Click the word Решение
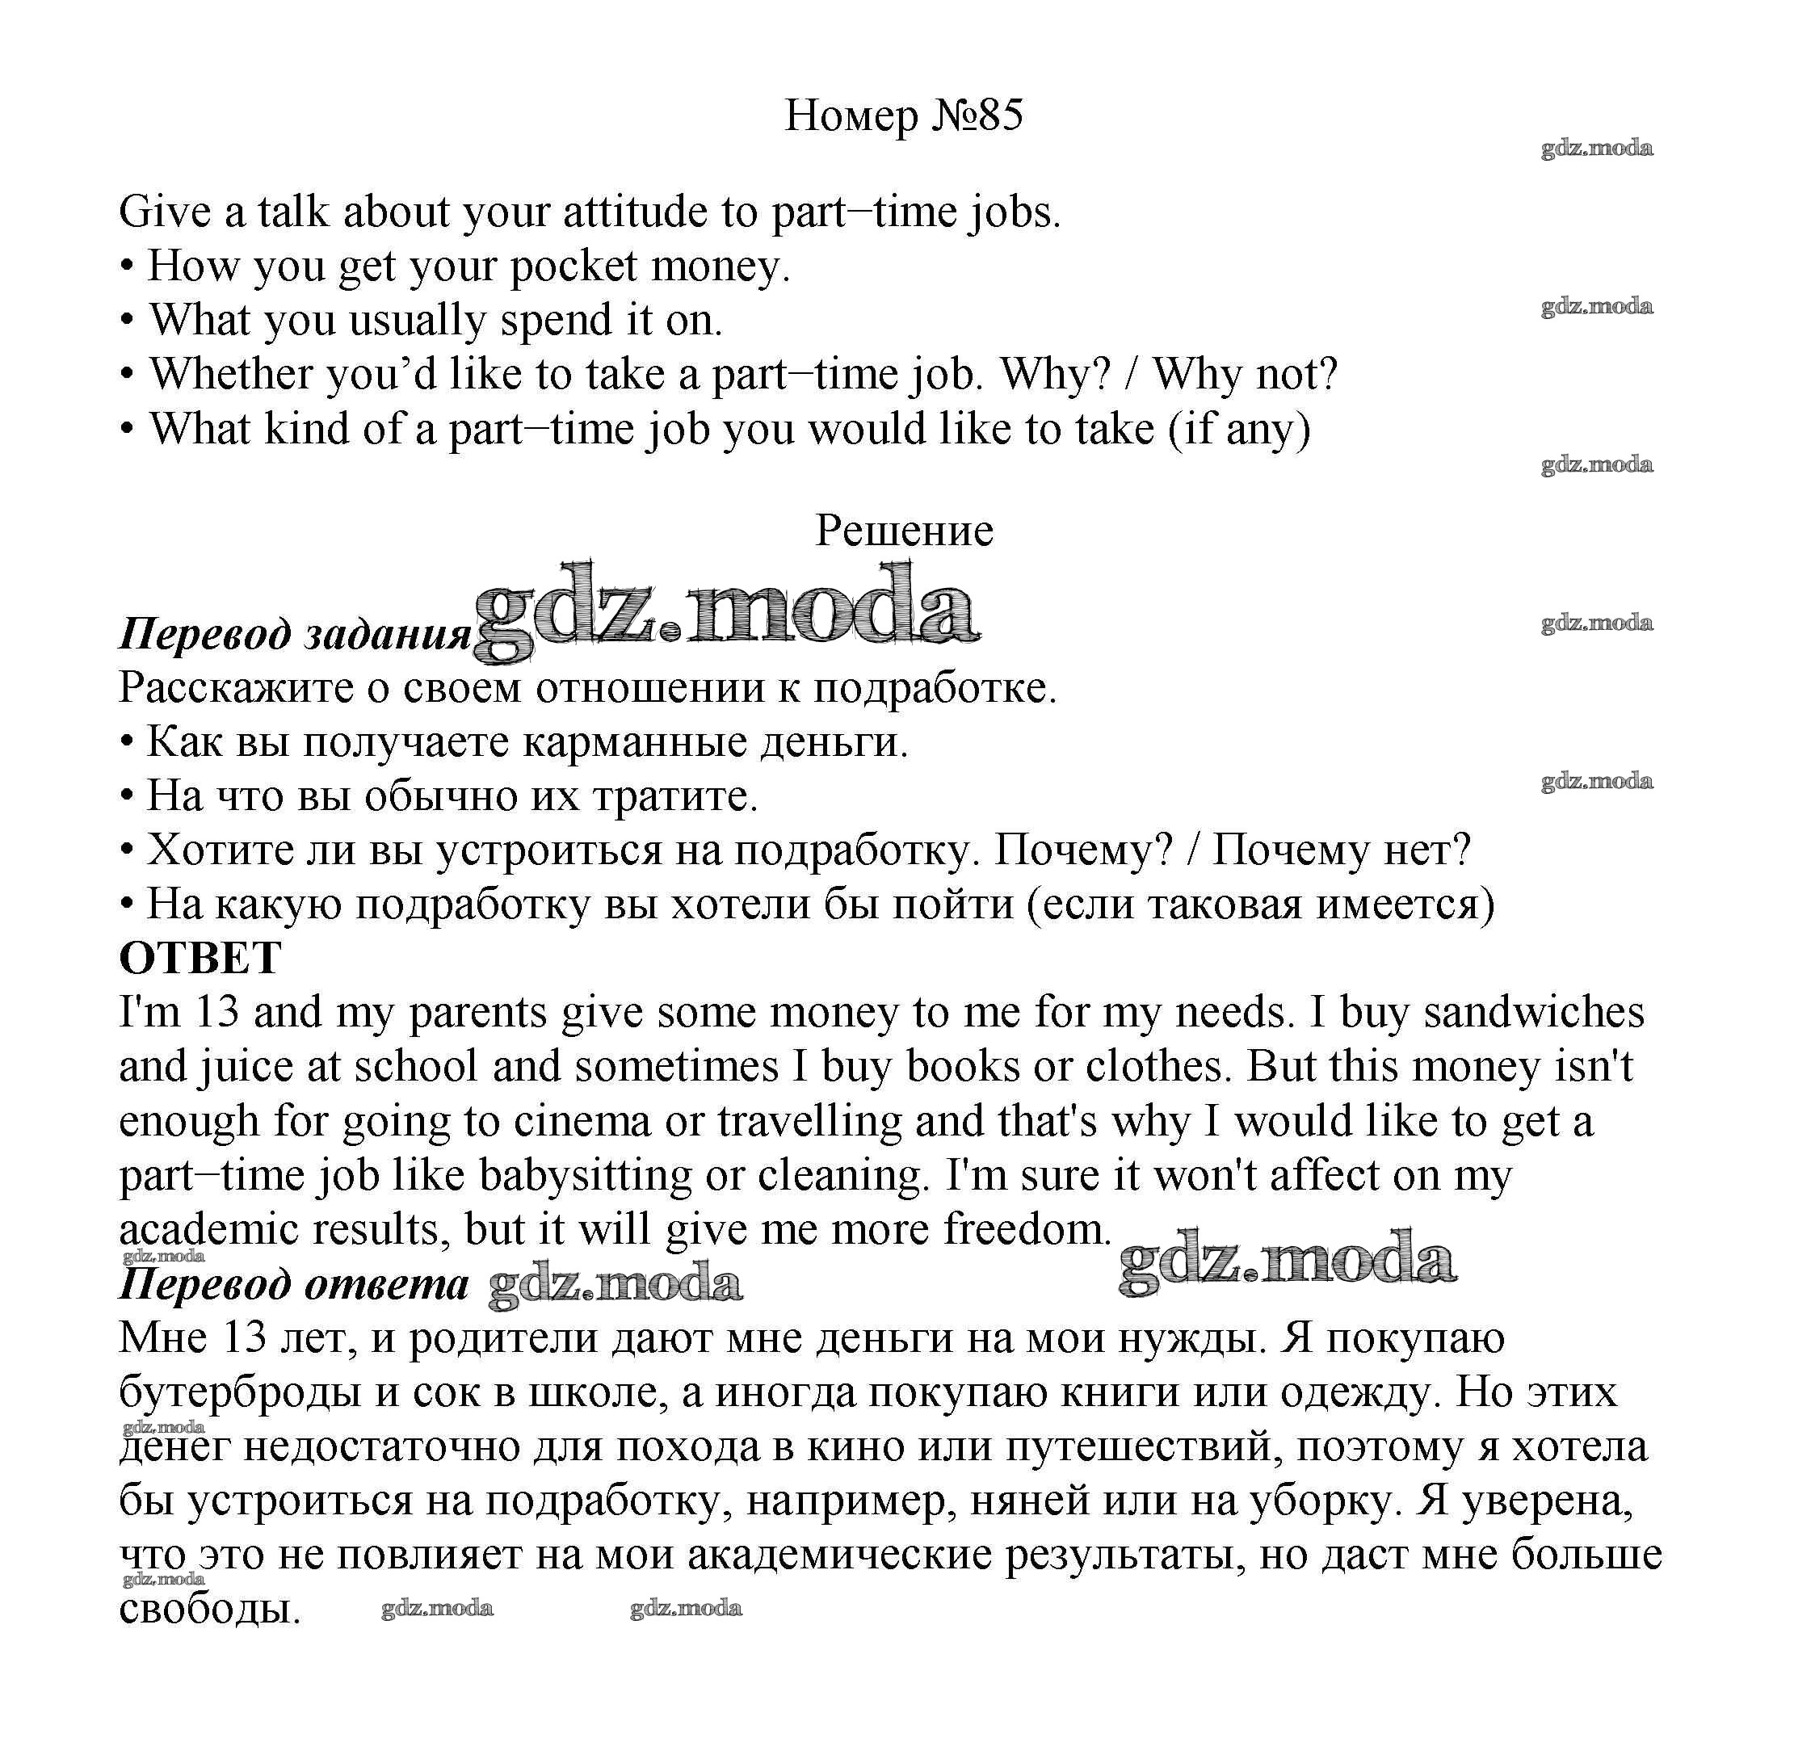(x=904, y=531)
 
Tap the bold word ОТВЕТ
(x=200, y=958)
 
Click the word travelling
(x=809, y=1121)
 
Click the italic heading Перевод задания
(x=295, y=634)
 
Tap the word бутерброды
(x=240, y=1393)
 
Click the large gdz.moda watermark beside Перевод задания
(x=727, y=611)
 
